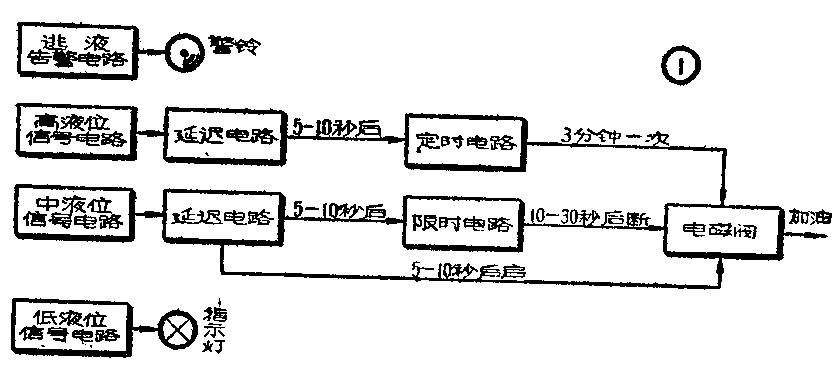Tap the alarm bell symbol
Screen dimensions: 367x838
(x=184, y=51)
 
